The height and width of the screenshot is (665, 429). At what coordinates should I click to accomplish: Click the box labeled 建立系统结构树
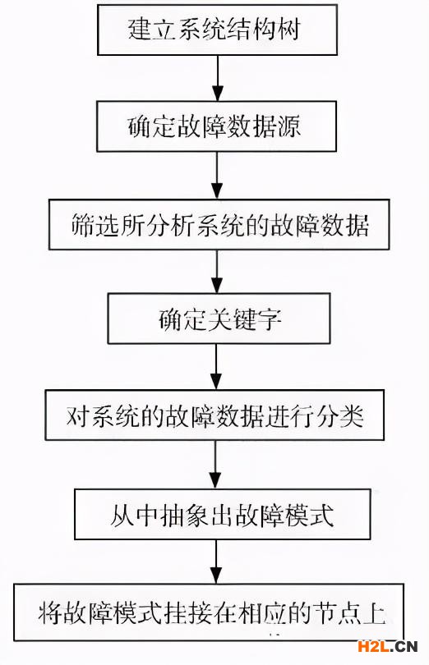pos(218,30)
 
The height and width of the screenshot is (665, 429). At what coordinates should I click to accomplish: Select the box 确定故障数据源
pos(217,126)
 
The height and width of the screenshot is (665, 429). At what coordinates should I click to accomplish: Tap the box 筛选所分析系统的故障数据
pos(219,224)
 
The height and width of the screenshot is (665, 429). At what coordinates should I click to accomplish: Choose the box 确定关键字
pos(219,318)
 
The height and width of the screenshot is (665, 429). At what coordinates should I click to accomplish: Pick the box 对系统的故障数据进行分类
pos(215,415)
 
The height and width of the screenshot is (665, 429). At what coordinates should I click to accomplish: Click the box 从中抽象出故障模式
pos(222,514)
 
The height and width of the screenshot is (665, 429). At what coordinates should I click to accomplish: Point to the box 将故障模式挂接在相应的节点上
pos(209,612)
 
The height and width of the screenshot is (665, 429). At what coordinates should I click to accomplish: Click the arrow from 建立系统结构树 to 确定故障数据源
pos(218,78)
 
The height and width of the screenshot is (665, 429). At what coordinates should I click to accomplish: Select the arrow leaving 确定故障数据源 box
pos(217,175)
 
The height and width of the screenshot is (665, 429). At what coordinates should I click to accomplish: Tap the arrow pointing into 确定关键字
pos(217,272)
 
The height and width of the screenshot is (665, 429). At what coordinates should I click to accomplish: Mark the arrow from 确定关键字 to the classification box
pos(217,367)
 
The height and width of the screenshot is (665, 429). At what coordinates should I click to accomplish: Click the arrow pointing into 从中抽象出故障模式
pos(216,465)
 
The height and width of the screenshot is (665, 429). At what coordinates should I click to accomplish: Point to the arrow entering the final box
pos(216,562)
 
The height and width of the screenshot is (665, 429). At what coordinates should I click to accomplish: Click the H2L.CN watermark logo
pos(388,646)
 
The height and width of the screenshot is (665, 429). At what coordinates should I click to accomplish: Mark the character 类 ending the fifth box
pos(352,415)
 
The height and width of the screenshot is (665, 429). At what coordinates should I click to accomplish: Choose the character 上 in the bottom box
pos(375,613)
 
